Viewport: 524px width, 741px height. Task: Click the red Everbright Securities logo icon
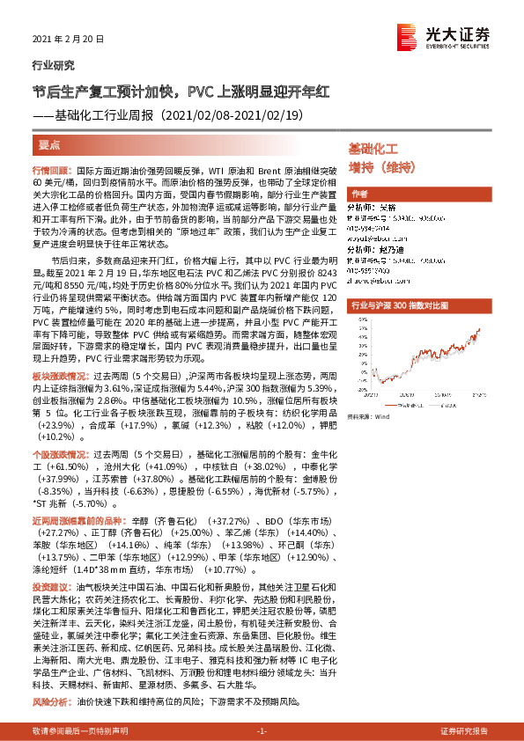coord(407,34)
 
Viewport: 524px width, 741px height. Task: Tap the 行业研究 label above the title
coord(48,66)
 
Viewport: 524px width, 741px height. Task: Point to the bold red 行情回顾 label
coord(52,167)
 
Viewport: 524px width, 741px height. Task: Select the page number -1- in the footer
coord(261,731)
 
